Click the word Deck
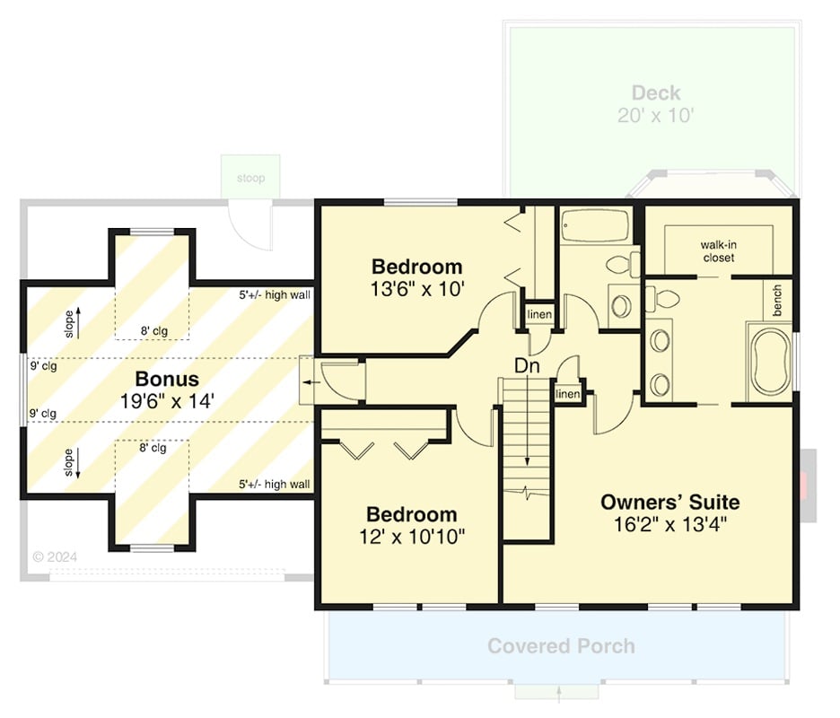[x=655, y=92]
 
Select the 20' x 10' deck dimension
[x=656, y=115]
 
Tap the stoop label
[x=251, y=178]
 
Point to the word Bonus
[x=167, y=378]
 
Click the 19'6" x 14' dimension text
[x=168, y=401]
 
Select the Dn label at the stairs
[x=526, y=366]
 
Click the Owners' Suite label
[x=669, y=501]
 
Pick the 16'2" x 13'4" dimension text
[x=669, y=524]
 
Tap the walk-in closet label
[x=718, y=250]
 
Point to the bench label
[x=776, y=300]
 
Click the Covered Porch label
[x=561, y=646]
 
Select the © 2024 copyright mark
[x=55, y=556]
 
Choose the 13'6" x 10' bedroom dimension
[x=416, y=289]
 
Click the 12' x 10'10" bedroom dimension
[x=412, y=537]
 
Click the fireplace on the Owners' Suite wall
[x=809, y=485]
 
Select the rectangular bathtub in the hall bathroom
[x=595, y=227]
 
